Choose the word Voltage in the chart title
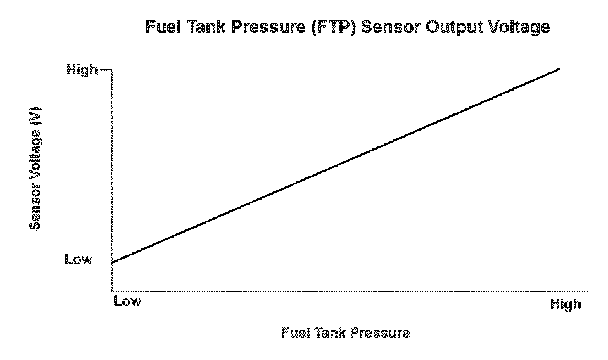coord(518,28)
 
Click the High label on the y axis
coord(82,70)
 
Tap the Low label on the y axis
coord(78,259)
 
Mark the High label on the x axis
coord(565,305)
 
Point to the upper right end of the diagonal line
coord(559,68)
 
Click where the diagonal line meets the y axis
coord(112,262)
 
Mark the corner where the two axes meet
coord(112,292)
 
